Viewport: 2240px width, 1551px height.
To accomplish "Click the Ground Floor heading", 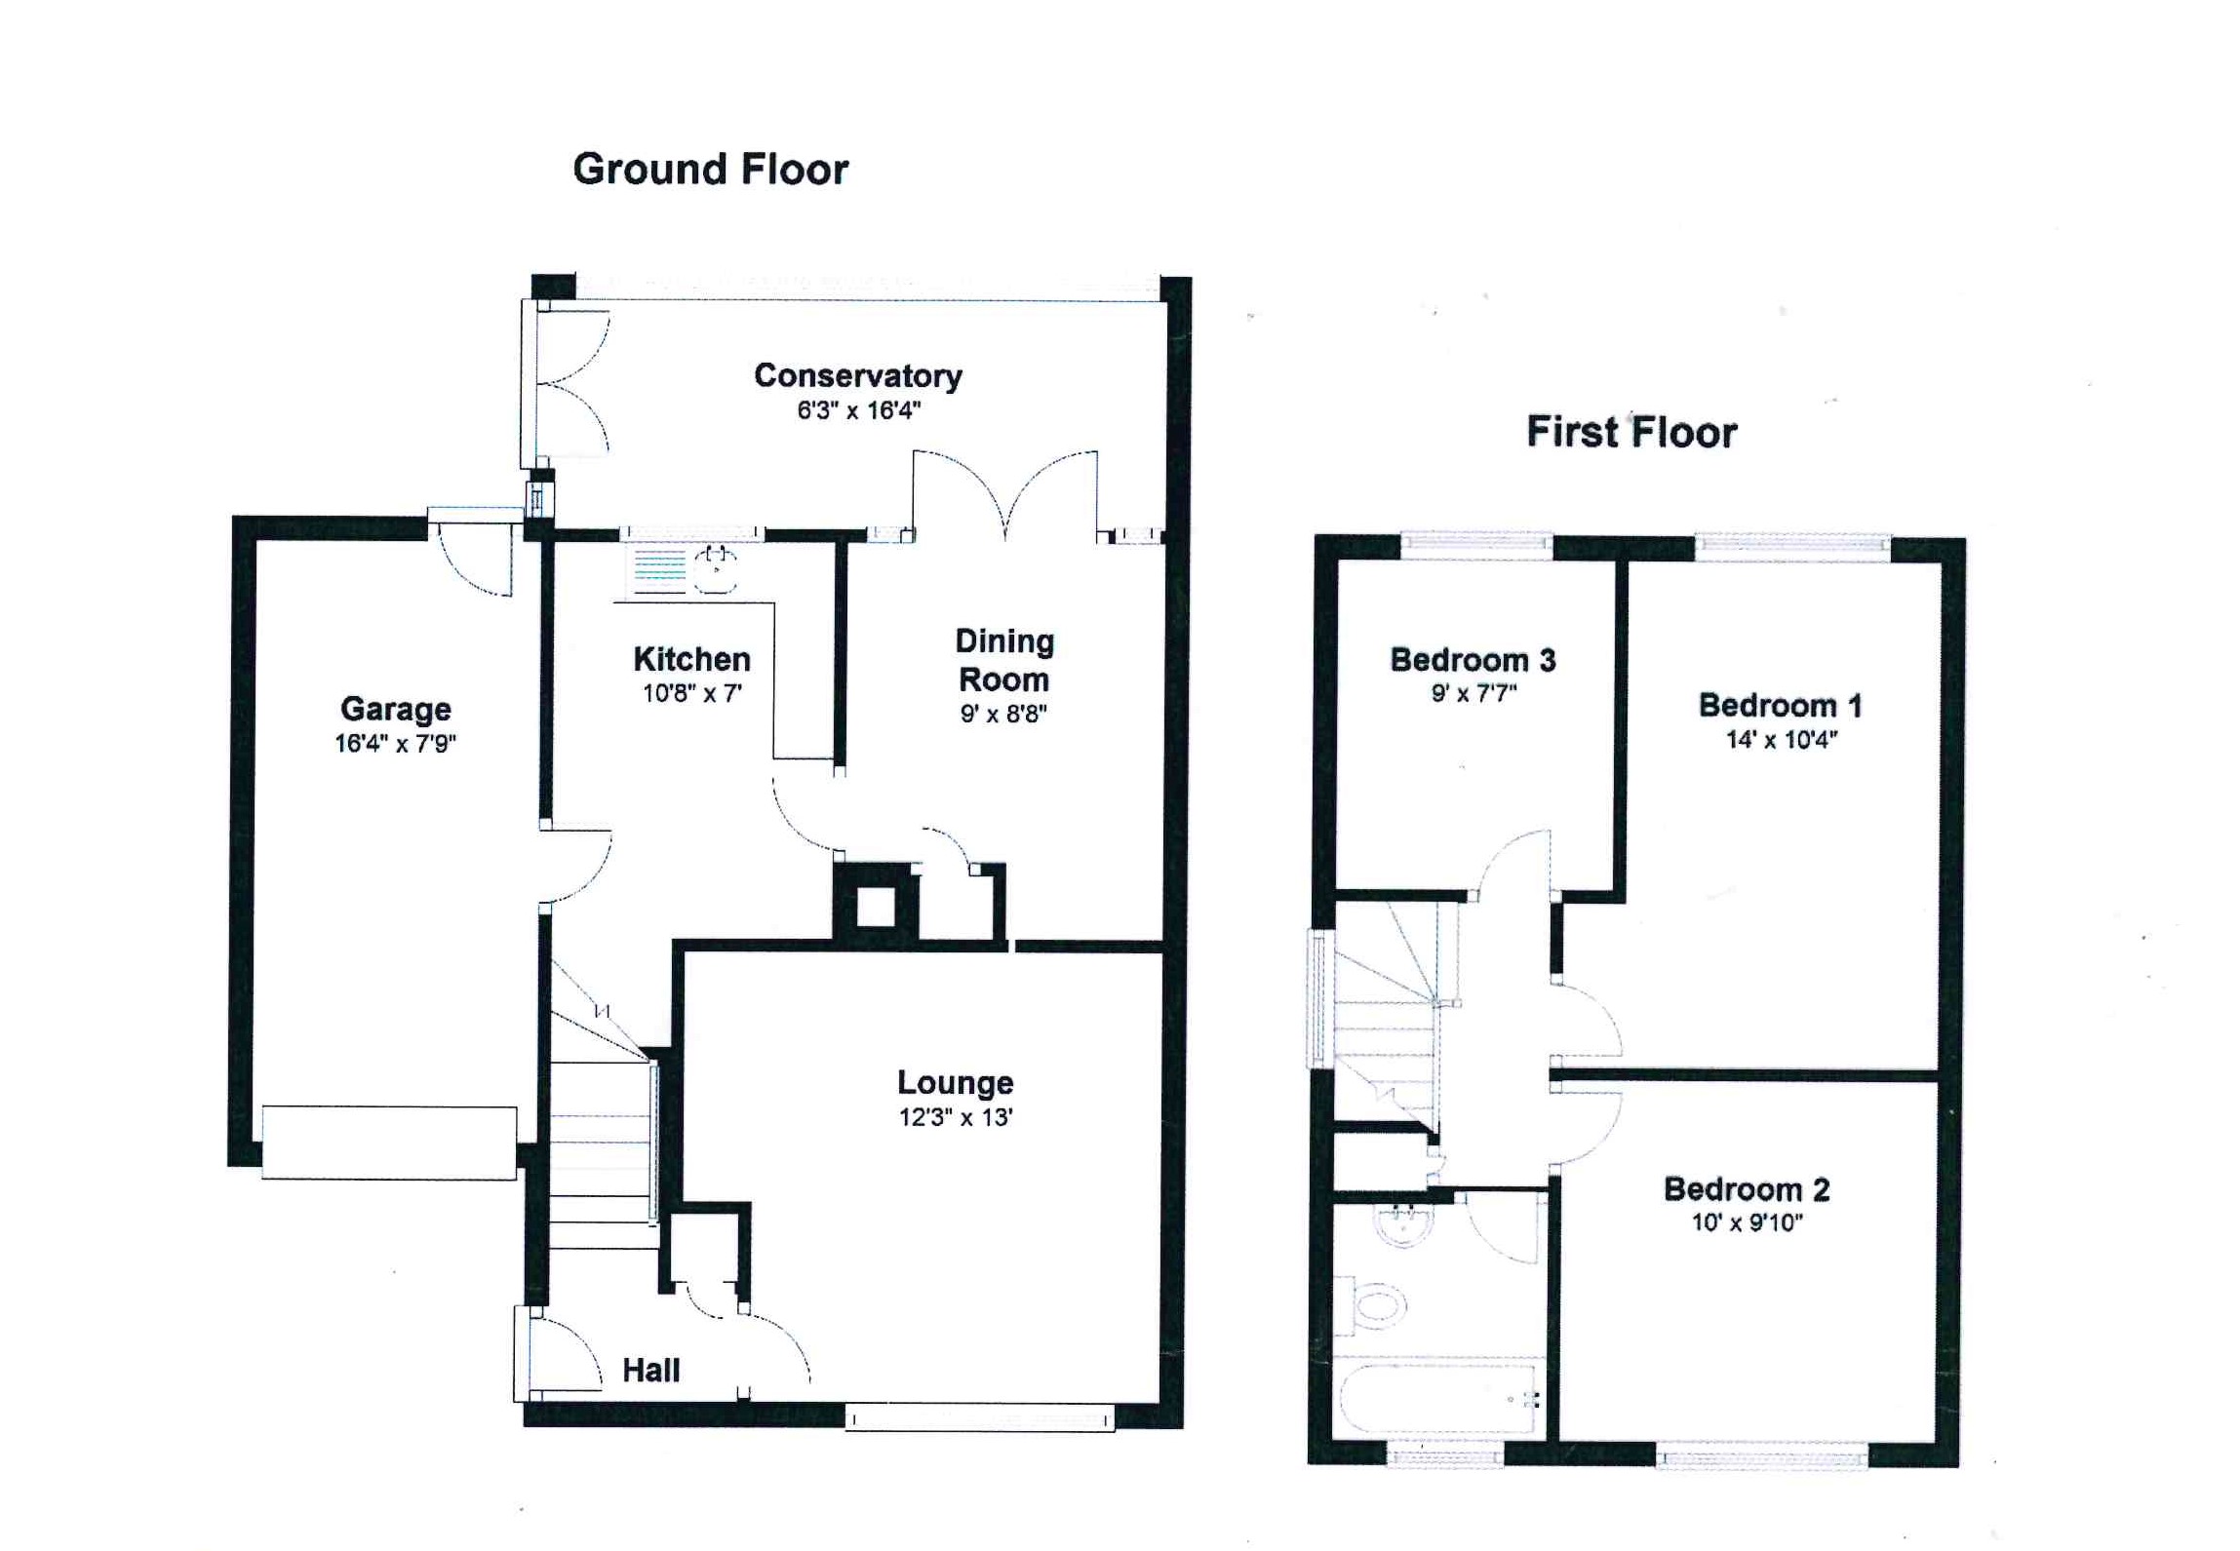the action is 710,170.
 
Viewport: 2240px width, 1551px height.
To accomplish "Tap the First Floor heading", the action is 1631,432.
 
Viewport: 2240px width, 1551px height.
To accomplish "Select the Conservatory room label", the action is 857,375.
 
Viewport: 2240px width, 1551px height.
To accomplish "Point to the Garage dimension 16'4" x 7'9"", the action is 395,744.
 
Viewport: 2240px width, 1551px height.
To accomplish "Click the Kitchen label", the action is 691,659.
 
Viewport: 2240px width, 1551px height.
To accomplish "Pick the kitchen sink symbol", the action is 715,570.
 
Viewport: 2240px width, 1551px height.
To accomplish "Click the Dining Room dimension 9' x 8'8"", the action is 1002,714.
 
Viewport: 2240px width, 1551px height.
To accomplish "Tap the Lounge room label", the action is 955,1082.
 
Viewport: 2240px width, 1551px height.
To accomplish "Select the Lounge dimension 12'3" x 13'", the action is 955,1117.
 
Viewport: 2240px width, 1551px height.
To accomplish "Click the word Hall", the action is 650,1370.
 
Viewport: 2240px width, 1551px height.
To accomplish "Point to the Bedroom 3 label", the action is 1472,660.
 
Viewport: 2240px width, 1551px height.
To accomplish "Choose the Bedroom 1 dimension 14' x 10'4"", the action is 1781,740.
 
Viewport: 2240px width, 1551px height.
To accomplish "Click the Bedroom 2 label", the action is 1746,1189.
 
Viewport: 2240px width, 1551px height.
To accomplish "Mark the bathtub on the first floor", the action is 1439,1398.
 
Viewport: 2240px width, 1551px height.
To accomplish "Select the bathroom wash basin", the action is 1403,1224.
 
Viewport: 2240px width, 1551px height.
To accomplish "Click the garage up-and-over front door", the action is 389,1143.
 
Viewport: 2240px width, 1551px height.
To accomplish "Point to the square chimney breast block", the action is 875,907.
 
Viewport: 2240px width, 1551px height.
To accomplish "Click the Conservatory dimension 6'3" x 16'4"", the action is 858,410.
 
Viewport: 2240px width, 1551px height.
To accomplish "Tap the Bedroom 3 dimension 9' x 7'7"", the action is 1473,694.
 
